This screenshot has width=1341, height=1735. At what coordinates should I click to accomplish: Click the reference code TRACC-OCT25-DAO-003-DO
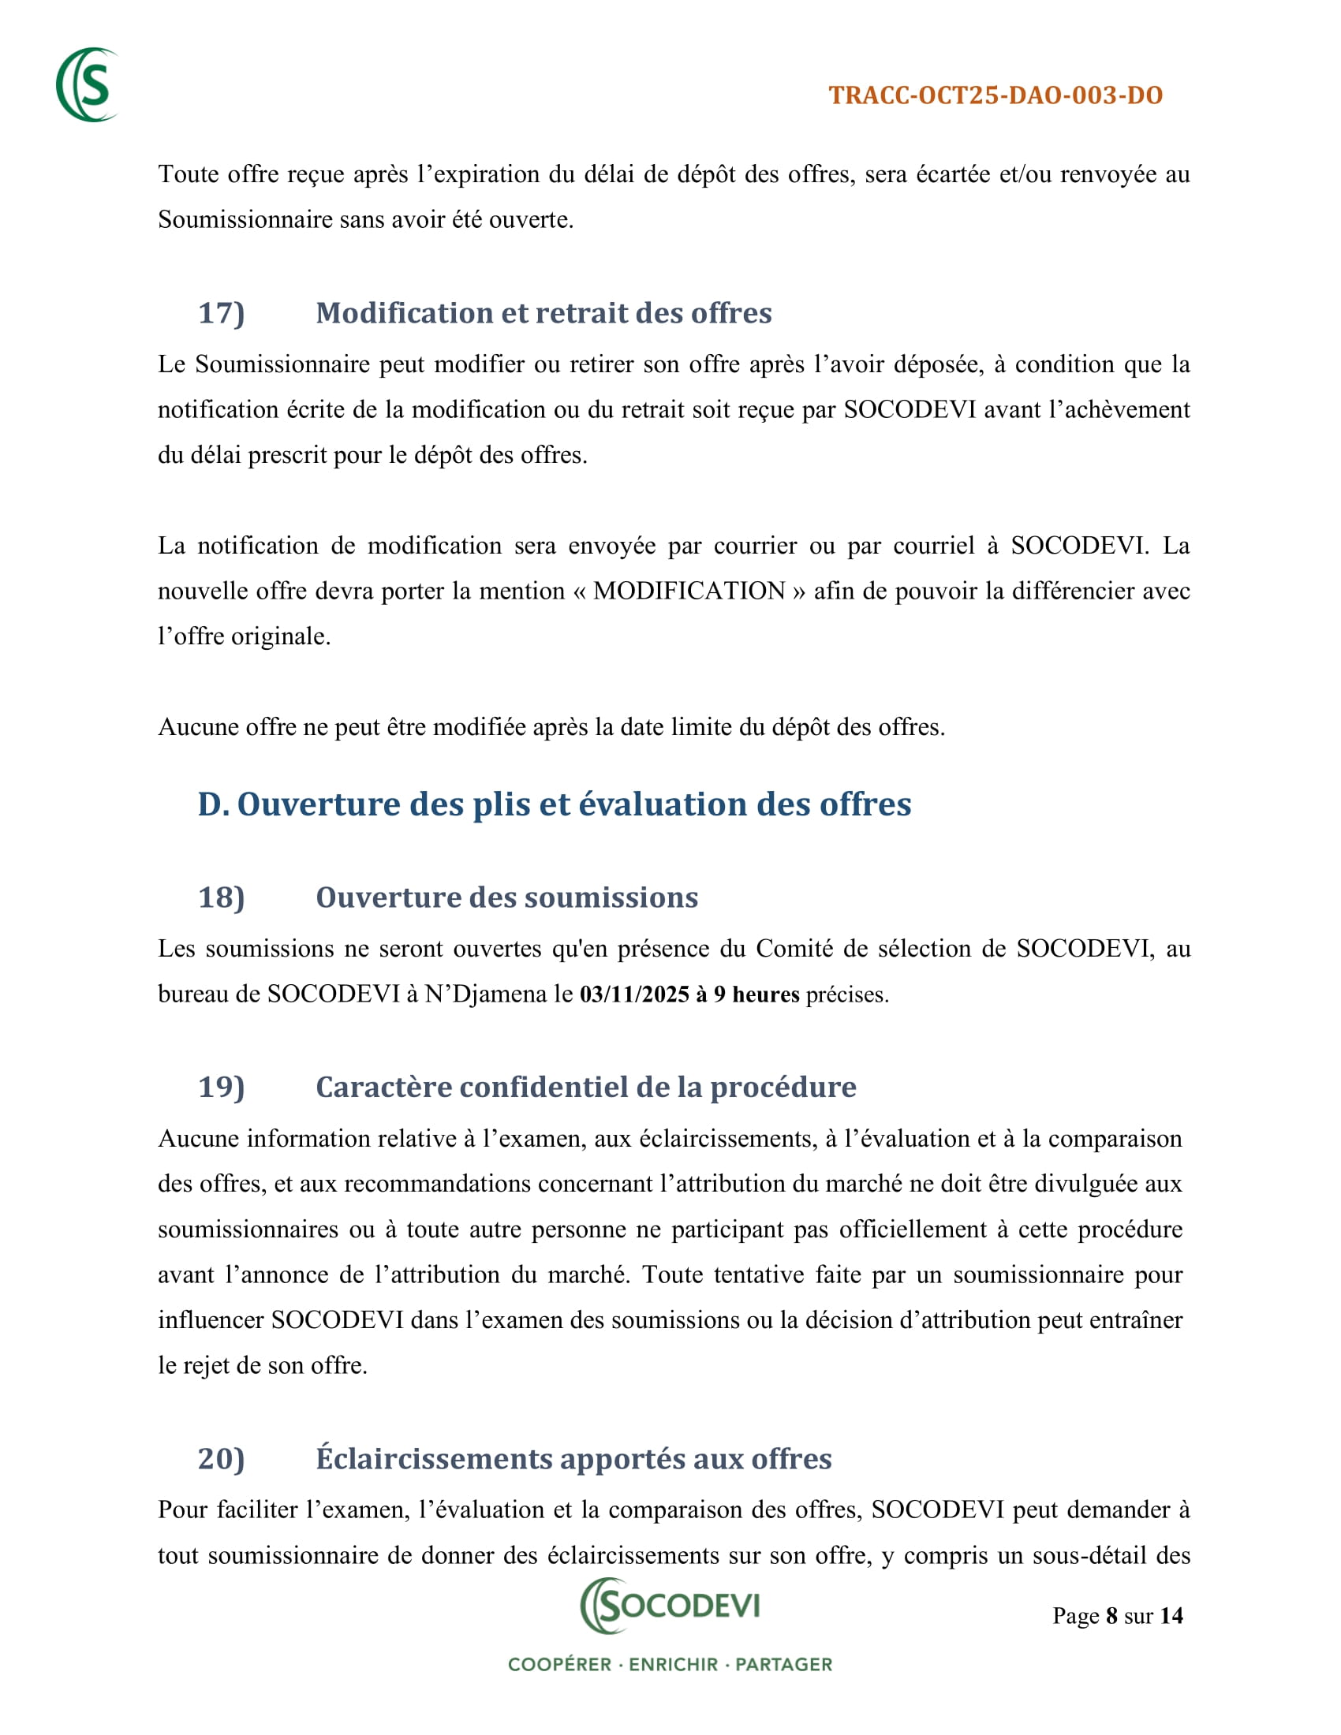click(x=995, y=95)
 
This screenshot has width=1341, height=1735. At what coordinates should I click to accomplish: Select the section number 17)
click(x=221, y=313)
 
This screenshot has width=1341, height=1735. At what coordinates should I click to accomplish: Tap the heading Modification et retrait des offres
click(x=543, y=313)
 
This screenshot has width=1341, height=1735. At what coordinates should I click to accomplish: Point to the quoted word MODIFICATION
click(x=689, y=591)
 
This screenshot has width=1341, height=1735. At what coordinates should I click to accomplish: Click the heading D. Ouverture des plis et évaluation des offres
click(x=555, y=804)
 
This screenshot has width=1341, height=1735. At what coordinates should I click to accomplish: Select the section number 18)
click(x=221, y=897)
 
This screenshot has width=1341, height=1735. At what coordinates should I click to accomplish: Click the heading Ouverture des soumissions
click(x=507, y=897)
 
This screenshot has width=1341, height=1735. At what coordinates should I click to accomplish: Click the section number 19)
click(x=221, y=1087)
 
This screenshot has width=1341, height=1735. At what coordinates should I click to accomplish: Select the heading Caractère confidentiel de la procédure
click(x=585, y=1087)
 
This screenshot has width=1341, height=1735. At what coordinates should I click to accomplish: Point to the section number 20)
click(x=221, y=1458)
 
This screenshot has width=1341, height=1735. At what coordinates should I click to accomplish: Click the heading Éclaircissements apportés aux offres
click(x=573, y=1458)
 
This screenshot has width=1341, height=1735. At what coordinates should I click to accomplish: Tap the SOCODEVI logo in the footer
click(x=670, y=1606)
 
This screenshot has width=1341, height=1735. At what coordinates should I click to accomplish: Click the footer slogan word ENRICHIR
click(x=673, y=1664)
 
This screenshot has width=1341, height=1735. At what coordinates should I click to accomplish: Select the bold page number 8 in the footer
click(x=1111, y=1616)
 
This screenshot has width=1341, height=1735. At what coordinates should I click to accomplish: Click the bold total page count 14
click(x=1171, y=1616)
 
